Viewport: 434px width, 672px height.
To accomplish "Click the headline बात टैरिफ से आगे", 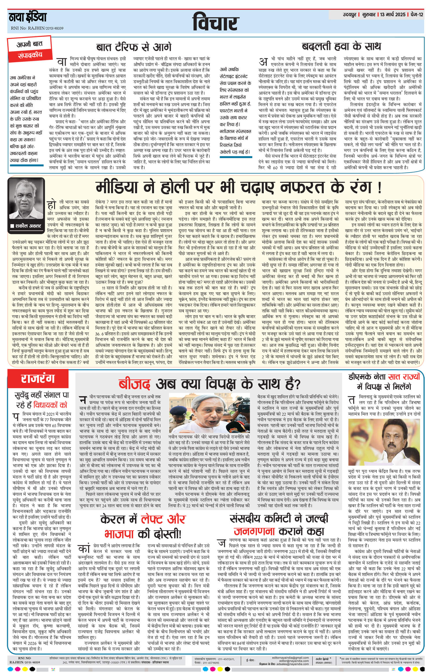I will tap(134, 47).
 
